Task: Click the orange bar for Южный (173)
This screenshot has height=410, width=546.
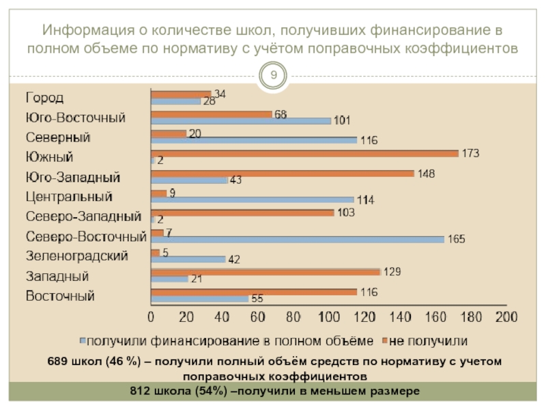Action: coord(304,154)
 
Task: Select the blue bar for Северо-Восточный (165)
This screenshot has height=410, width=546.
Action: coord(298,239)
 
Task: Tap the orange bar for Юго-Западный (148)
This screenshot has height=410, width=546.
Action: coord(283,174)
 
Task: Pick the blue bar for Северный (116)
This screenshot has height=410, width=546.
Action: coord(254,140)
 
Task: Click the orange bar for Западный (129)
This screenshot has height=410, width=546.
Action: coord(265,272)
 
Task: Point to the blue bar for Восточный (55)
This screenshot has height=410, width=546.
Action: coord(200,299)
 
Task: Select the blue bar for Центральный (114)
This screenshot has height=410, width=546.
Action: coord(253,200)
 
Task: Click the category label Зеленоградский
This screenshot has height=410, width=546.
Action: coord(77,257)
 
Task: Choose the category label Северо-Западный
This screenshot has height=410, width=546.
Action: coord(83,217)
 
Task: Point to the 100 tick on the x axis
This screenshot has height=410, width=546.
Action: coord(329,317)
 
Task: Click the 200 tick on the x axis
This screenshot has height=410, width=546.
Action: coord(506,317)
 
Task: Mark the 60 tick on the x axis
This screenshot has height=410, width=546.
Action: coord(257,317)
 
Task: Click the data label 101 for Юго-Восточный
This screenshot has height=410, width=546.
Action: coord(342,121)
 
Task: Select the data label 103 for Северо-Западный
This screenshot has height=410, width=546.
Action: coord(347,213)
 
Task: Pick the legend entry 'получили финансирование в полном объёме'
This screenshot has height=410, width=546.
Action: coord(230,340)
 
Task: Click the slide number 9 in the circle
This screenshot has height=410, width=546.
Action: coord(274,74)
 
